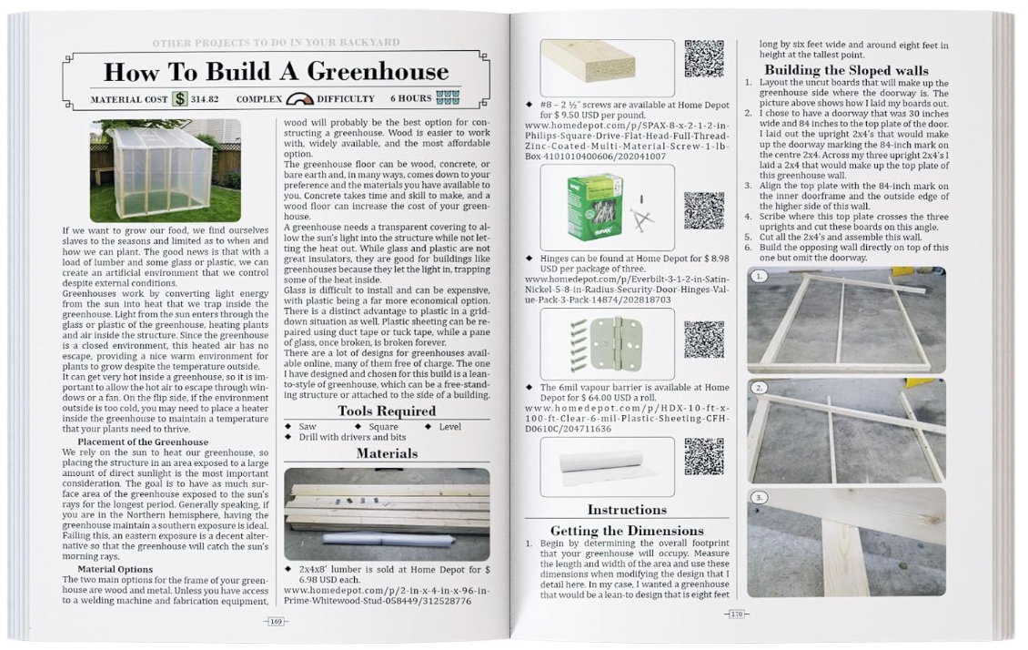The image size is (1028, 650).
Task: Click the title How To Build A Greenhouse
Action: [x=276, y=71]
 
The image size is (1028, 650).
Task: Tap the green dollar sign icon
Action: [x=180, y=98]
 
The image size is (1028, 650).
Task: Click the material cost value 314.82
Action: [x=207, y=98]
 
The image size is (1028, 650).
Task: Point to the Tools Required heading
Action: [x=387, y=411]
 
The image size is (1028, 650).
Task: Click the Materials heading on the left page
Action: [x=387, y=452]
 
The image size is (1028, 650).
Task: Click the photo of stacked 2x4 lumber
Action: [x=387, y=513]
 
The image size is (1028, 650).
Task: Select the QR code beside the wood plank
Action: [x=703, y=58]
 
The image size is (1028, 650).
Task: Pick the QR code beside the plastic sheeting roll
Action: [x=703, y=456]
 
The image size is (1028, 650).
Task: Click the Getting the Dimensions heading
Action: [x=627, y=530]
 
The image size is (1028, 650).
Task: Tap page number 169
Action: [x=275, y=622]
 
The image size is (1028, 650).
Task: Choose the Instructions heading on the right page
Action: [x=627, y=510]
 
